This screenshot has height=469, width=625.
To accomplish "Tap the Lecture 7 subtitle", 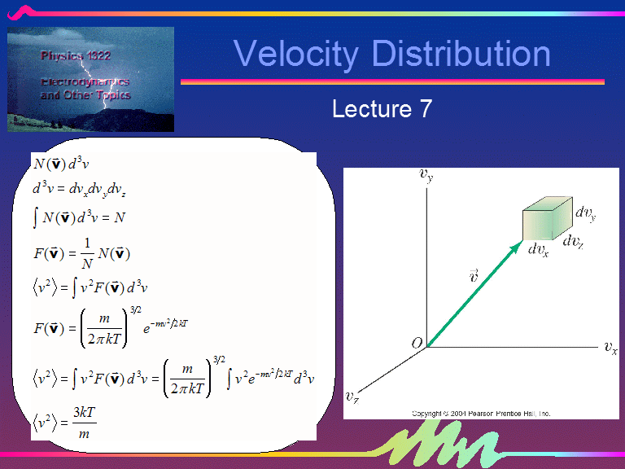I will click(382, 108).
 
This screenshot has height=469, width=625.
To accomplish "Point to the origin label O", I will click(417, 344).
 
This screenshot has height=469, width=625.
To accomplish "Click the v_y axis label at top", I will click(425, 173).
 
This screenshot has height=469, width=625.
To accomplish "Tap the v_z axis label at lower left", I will click(352, 397).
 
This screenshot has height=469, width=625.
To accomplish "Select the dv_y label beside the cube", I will click(586, 213).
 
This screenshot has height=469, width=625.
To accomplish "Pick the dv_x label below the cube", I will click(538, 250).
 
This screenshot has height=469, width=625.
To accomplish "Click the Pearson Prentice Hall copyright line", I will click(481, 414).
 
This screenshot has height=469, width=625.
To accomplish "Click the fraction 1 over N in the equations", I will click(86, 253).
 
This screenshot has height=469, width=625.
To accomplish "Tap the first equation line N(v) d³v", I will click(60, 162).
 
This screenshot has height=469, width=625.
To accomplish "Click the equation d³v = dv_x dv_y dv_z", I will click(78, 189).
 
